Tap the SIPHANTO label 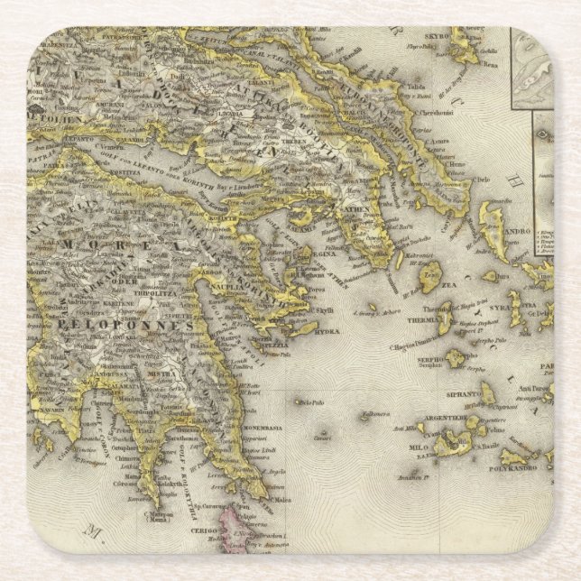click(463, 394)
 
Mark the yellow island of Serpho click(456, 357)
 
